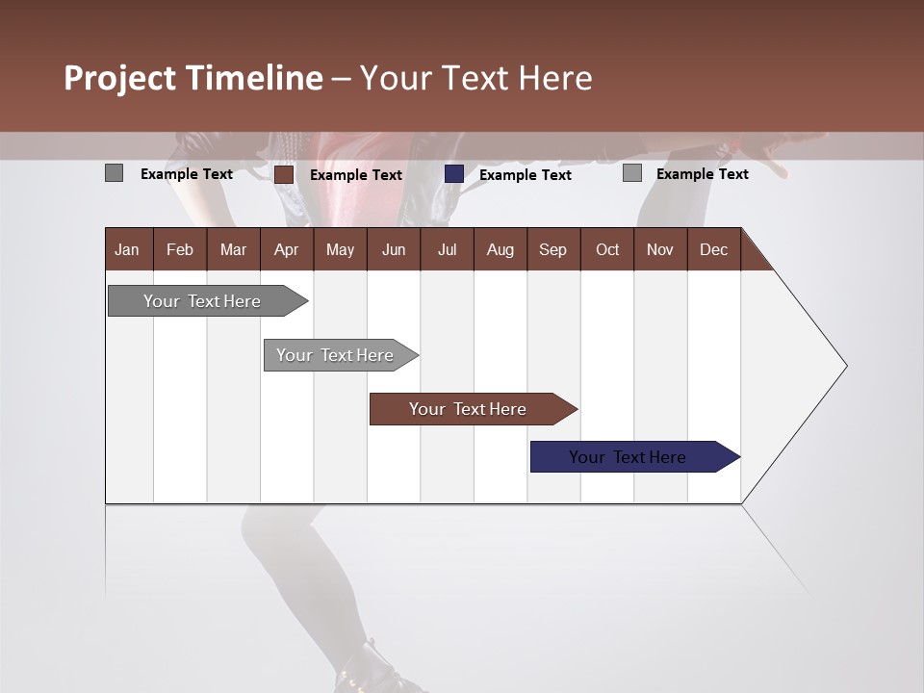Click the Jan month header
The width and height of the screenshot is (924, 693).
127,249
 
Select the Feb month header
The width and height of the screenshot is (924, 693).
180,249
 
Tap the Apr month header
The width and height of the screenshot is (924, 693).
286,249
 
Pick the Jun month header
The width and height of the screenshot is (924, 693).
394,249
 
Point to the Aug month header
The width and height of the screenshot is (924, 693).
500,249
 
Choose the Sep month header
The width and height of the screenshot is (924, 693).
552,249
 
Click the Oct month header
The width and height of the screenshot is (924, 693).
607,249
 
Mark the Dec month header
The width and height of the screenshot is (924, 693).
713,249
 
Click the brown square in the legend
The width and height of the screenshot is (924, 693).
283,174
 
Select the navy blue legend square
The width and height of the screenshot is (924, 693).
454,174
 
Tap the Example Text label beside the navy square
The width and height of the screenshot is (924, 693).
526,175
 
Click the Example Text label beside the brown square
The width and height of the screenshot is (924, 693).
356,175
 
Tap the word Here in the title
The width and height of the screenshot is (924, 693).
555,78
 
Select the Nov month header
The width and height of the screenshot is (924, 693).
660,249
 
